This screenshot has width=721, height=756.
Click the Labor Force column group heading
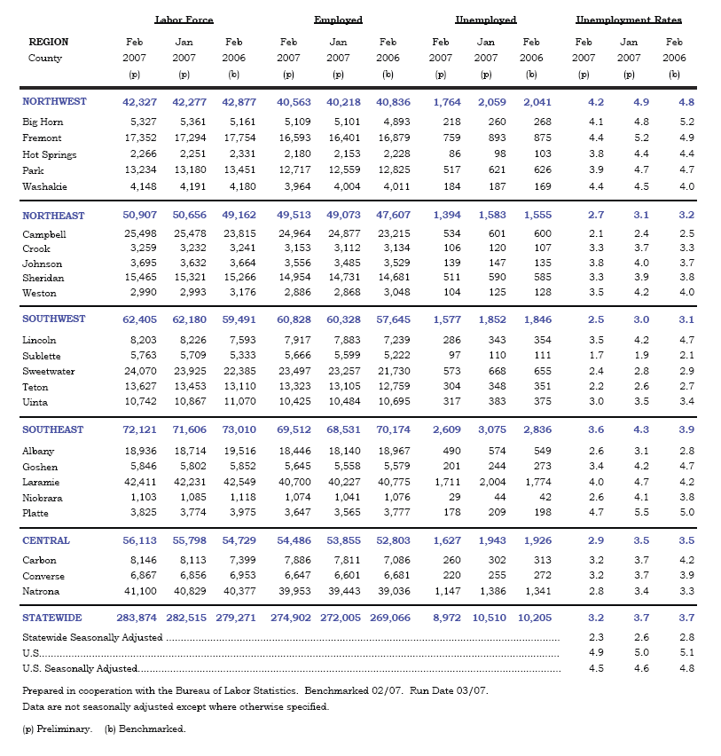click(184, 19)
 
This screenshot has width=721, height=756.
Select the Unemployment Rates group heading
click(629, 19)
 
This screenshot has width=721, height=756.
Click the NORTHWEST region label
click(54, 101)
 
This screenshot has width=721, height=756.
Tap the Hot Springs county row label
click(49, 154)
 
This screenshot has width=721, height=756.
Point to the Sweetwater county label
click(49, 372)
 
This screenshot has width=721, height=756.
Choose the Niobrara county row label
click(42, 498)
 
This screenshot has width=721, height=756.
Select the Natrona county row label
click(41, 591)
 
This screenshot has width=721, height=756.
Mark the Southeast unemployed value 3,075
click(491, 429)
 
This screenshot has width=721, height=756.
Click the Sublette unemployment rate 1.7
click(596, 356)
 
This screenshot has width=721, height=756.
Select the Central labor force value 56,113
click(140, 540)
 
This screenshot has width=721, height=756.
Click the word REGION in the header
click(49, 42)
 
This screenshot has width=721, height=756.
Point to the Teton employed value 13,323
click(294, 387)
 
